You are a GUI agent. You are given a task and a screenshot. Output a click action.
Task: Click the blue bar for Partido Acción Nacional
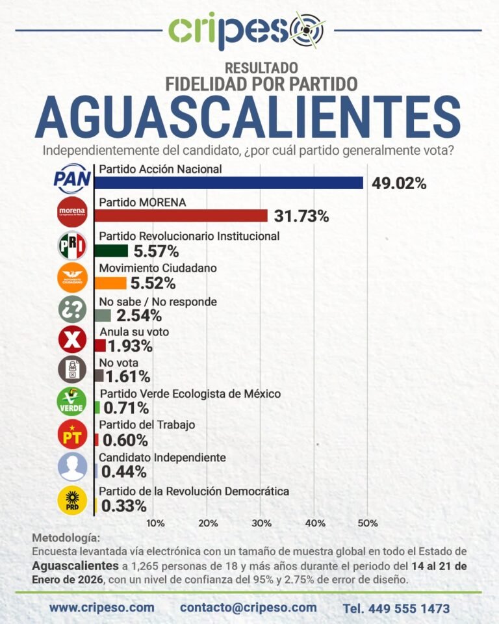(x=229, y=183)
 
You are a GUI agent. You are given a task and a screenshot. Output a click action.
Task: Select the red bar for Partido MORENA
(x=181, y=216)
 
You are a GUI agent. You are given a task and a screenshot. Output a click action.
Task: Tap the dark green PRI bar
(x=111, y=250)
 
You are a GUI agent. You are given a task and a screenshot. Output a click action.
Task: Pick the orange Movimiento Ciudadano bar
(x=110, y=283)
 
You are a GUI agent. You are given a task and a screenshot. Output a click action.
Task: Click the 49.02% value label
(x=399, y=183)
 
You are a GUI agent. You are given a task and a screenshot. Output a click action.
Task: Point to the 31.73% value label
(x=301, y=216)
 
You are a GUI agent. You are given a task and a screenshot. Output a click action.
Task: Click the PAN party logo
(x=71, y=179)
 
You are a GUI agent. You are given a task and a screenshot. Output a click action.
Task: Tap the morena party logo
(x=71, y=212)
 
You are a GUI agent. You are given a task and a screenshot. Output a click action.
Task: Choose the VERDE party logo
(x=71, y=401)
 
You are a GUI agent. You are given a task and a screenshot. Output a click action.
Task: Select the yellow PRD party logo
(x=71, y=500)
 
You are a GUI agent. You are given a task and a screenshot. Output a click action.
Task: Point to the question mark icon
(x=71, y=308)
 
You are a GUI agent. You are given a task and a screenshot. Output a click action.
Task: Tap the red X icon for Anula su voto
(x=71, y=339)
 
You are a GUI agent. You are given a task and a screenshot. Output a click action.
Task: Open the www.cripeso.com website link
(x=102, y=608)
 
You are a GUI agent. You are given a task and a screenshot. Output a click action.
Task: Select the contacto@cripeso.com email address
(x=248, y=608)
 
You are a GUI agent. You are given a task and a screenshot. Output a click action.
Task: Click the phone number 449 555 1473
(x=396, y=609)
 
